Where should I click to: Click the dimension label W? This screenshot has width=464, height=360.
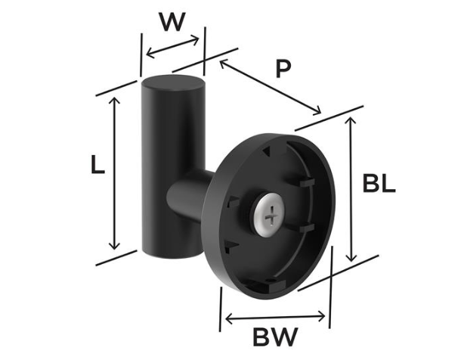click(172, 22)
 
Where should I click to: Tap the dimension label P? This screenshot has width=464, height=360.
click(283, 69)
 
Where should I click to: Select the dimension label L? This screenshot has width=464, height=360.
click(97, 165)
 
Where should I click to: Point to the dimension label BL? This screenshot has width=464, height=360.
click(379, 184)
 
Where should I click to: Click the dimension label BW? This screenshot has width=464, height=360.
click(275, 337)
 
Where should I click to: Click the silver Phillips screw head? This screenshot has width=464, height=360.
click(270, 215)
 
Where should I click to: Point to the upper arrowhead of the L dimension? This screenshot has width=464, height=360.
click(114, 100)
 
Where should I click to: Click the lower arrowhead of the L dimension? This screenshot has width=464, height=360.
click(114, 245)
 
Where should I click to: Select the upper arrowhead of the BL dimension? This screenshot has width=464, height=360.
click(351, 120)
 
